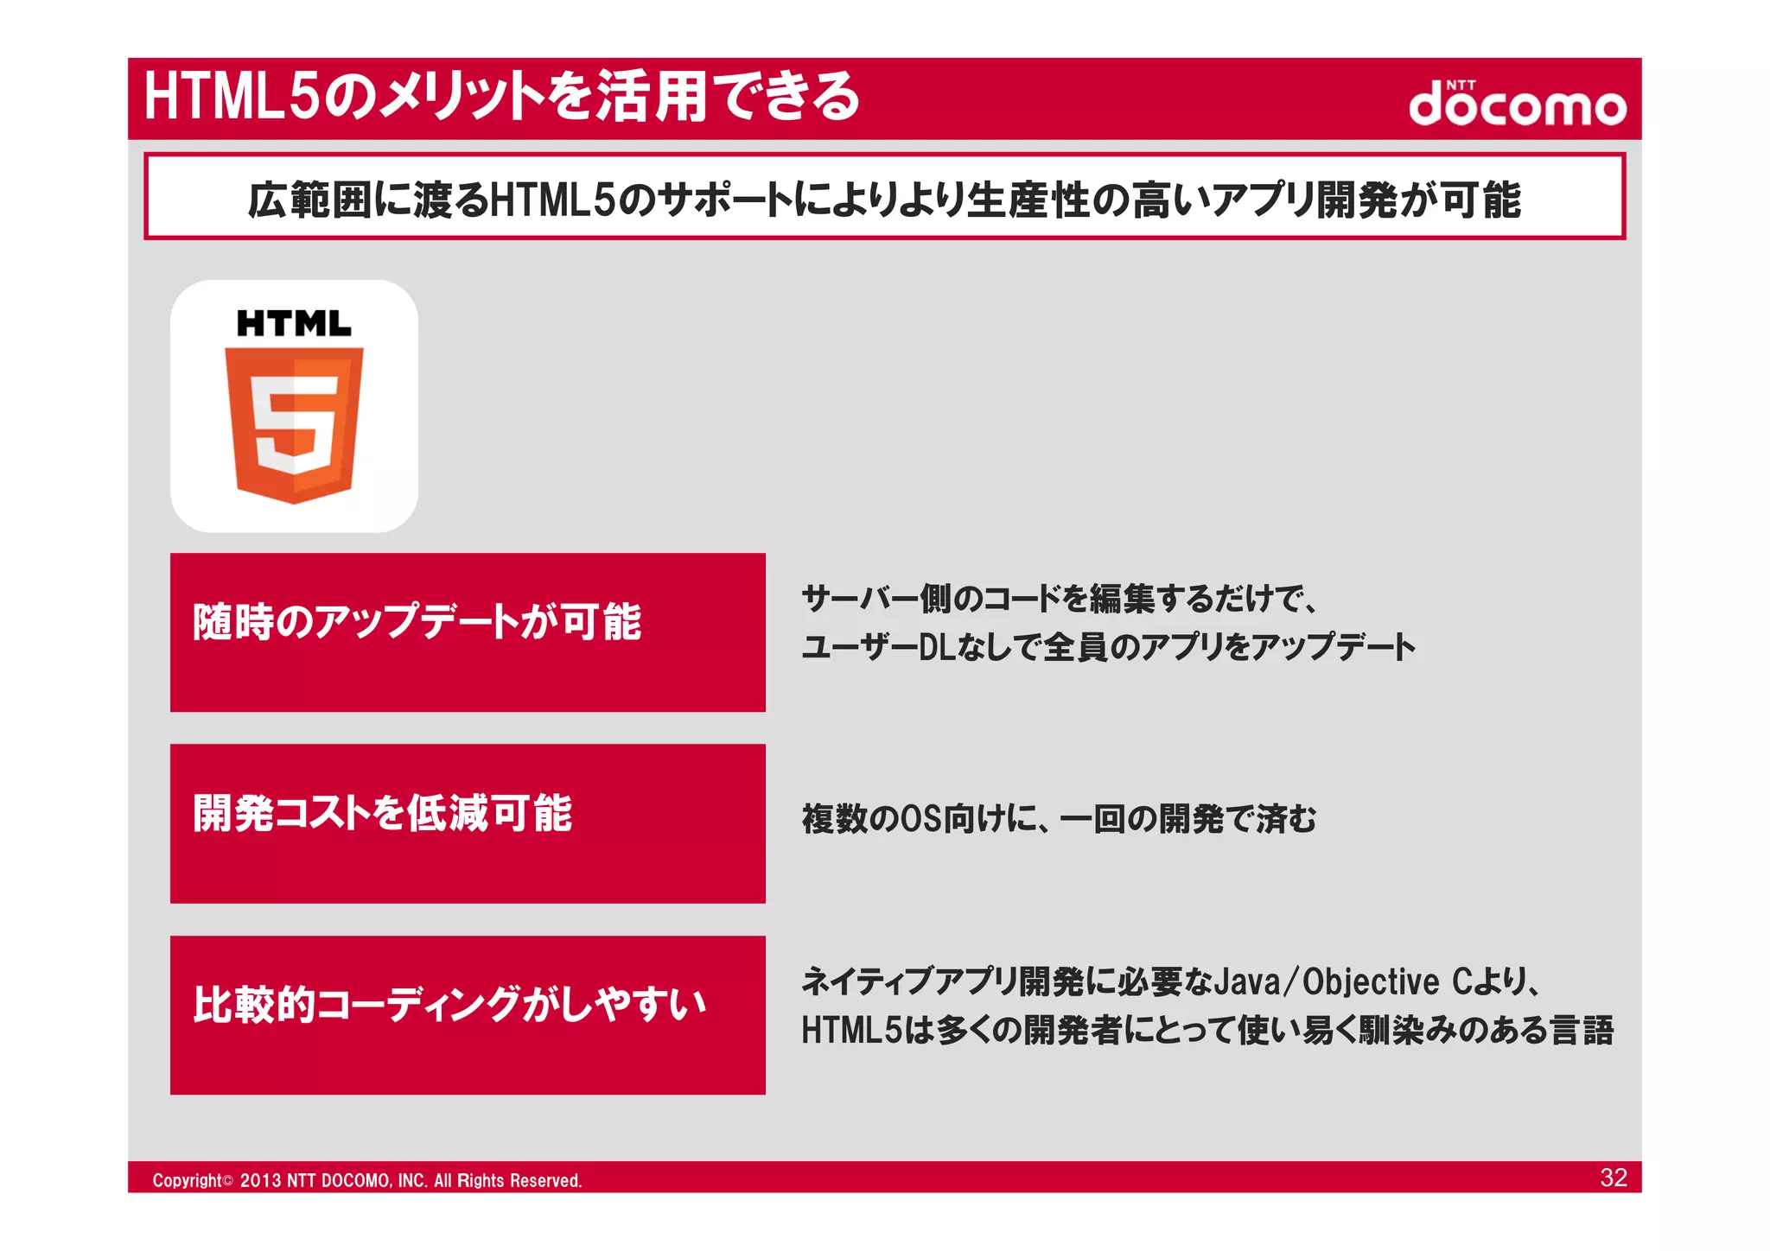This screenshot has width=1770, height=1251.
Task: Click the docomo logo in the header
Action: point(1517,105)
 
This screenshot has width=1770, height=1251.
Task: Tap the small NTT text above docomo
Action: point(1461,85)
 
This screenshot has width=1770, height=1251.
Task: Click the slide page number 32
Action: point(1614,1178)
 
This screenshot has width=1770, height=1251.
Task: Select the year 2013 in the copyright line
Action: point(259,1181)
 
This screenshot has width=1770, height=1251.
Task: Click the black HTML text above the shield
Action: point(294,324)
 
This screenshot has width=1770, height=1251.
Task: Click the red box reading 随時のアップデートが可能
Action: point(468,632)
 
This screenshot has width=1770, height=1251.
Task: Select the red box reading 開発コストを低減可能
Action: point(468,823)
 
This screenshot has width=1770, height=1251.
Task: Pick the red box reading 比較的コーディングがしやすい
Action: point(468,1015)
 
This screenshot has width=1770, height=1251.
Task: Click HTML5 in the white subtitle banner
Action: point(552,200)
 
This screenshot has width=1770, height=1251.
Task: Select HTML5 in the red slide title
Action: point(232,96)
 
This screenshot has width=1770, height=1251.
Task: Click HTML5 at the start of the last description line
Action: point(851,1031)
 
